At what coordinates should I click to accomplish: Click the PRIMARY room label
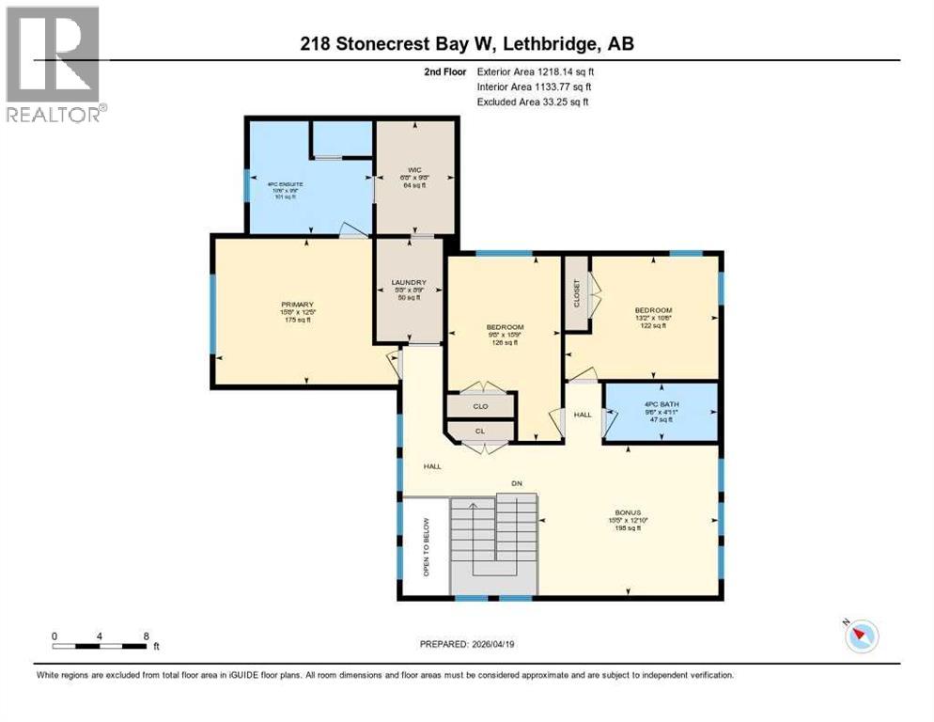296,305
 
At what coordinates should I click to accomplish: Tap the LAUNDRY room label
409,283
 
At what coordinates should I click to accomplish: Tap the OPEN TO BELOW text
425,547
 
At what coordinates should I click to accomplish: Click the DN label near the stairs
516,484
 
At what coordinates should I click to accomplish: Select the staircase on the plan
492,543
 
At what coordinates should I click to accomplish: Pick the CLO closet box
480,406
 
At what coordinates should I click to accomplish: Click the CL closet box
480,432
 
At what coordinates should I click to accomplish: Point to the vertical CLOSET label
577,293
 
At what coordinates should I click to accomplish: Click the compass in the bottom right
861,636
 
